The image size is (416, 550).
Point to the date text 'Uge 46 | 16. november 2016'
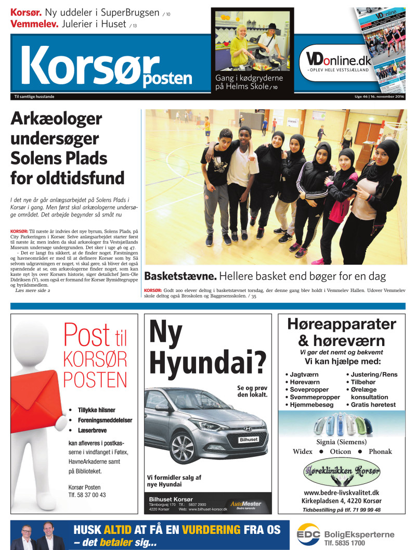376,97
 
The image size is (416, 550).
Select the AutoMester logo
246,504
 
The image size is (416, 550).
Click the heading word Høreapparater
342,325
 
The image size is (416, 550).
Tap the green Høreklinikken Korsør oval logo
342,474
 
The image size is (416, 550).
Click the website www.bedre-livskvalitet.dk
342,492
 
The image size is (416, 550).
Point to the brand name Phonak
380,452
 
